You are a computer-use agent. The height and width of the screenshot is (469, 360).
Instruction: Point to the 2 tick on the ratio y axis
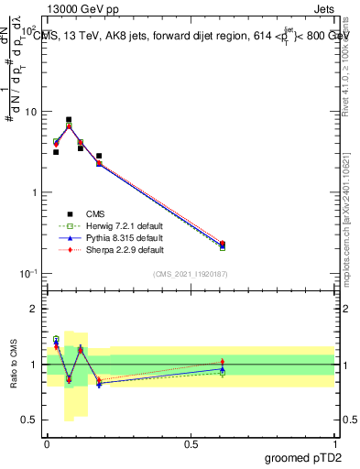coord(36,309)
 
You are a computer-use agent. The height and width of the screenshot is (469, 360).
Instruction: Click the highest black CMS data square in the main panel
coord(69,119)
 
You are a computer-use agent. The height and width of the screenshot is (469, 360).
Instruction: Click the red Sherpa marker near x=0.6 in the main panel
coord(223,244)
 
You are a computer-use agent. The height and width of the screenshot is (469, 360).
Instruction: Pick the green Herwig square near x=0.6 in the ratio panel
coord(223,373)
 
